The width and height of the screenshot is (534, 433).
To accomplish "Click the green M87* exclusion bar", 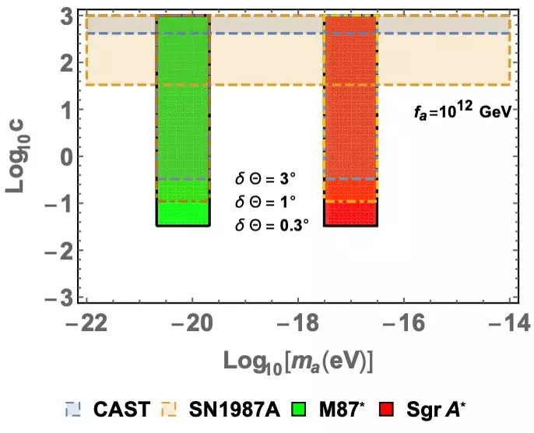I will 183,117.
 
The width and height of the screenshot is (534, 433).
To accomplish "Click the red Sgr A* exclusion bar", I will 350,117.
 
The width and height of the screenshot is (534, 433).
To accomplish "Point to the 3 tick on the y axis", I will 68,15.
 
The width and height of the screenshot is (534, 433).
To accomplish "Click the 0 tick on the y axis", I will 68,157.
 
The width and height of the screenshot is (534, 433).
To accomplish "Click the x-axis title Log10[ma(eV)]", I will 300,359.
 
